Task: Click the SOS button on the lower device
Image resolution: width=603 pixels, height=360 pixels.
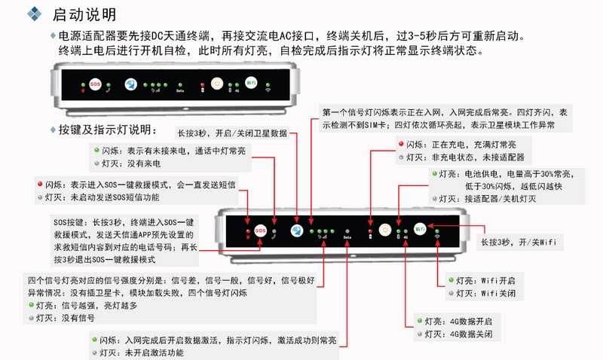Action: pyautogui.click(x=260, y=230)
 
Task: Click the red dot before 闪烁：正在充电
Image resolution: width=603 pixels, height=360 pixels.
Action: pyautogui.click(x=401, y=145)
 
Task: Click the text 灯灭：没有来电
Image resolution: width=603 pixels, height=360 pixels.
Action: pyautogui.click(x=139, y=163)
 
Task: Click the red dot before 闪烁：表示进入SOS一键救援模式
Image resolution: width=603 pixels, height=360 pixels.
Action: pyautogui.click(x=39, y=184)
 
